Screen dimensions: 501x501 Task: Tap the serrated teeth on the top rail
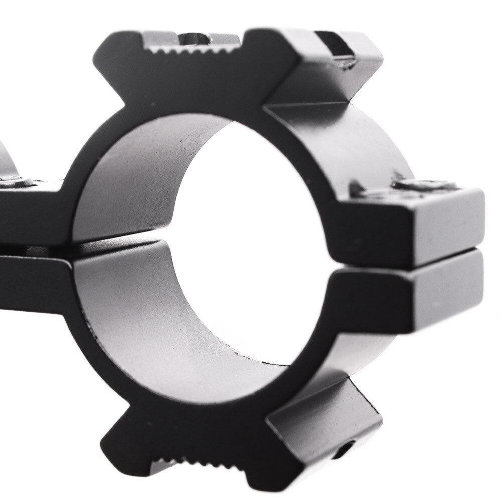[192, 49]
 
